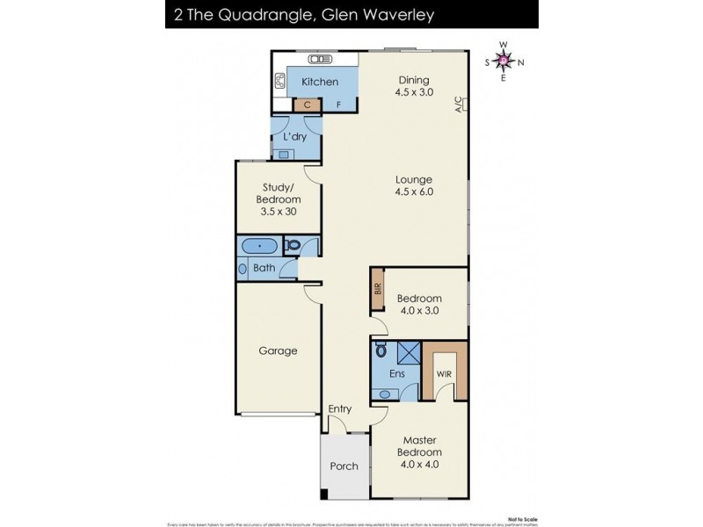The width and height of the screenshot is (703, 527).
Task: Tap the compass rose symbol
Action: pos(504,61)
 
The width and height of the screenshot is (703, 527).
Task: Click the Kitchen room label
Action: pos(319,82)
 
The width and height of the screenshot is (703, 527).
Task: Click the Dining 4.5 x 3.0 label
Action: pos(414,84)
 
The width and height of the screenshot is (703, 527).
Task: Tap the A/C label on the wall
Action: pos(458,105)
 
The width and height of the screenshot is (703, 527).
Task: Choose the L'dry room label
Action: pos(294,137)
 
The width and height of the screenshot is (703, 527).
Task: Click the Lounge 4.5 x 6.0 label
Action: pos(414,184)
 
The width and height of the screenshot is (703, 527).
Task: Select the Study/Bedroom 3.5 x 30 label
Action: pos(278,199)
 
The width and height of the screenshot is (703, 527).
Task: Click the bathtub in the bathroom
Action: pos(259,246)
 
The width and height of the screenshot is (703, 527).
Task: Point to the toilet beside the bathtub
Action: pos(294,246)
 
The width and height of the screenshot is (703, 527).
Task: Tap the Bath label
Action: pos(265,268)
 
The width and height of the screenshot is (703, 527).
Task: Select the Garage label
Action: pos(278,350)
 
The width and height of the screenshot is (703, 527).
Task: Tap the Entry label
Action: pos(340,409)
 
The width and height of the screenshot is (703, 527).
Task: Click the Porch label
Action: pos(344,466)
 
